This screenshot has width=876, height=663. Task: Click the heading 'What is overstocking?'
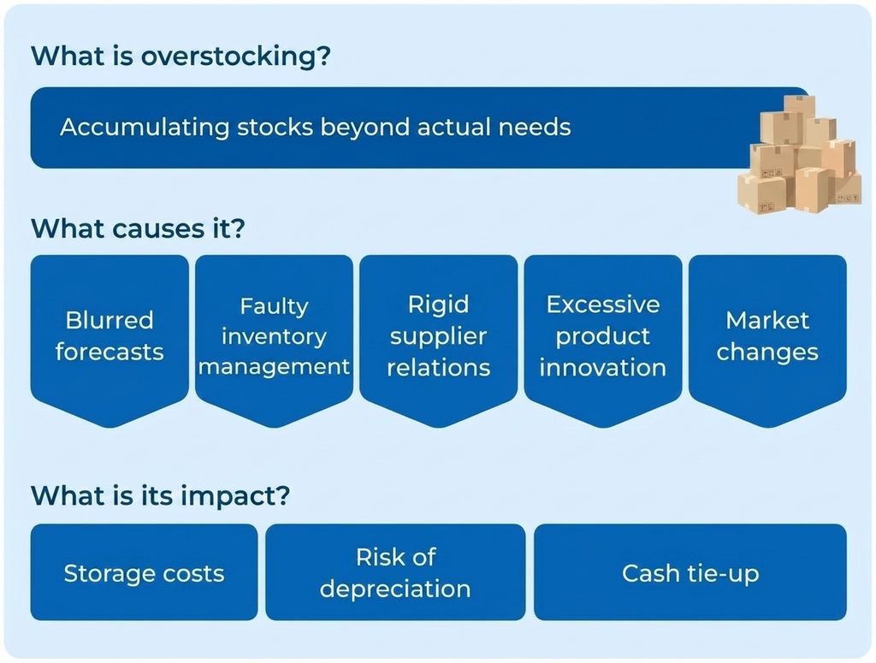(181, 56)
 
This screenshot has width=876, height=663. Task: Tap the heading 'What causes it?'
(138, 229)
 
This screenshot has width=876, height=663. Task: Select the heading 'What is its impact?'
(161, 496)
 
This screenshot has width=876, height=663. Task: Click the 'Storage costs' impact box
(144, 572)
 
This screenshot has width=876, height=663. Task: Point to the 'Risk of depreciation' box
(395, 572)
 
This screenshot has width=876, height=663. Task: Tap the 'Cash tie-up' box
(690, 572)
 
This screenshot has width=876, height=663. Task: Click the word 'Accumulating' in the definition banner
(145, 127)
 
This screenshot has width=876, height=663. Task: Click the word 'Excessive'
(603, 305)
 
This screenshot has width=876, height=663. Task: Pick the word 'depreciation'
(395, 589)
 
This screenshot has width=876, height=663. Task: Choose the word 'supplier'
(439, 337)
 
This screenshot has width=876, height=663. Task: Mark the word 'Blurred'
(109, 321)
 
